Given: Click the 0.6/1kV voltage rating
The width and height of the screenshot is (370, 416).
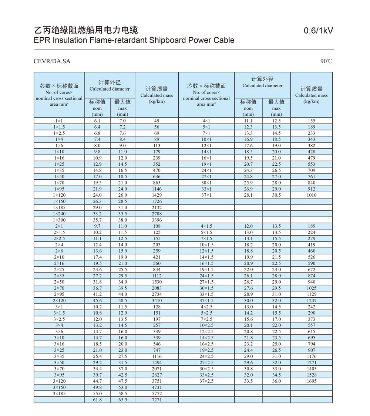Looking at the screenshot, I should click(x=319, y=31).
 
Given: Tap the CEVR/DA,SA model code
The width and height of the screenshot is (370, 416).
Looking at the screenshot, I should click(x=52, y=61).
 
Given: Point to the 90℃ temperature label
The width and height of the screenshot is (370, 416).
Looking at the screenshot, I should click(x=326, y=61).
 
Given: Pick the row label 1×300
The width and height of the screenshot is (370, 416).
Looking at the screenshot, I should click(x=59, y=220).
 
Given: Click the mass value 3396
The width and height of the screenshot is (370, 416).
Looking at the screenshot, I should click(x=157, y=220).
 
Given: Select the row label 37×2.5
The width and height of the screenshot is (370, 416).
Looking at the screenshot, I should click(x=206, y=381).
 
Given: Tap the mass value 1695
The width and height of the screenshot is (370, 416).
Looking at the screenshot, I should click(x=312, y=381).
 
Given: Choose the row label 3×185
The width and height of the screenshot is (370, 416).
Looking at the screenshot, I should click(x=59, y=394).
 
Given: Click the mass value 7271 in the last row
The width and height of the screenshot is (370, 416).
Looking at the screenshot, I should click(x=157, y=400).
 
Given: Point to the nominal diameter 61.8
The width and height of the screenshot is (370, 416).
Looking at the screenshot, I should click(x=97, y=400).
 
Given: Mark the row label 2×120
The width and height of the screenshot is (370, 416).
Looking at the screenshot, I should click(x=59, y=301).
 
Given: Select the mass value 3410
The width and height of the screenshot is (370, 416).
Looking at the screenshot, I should click(x=157, y=301).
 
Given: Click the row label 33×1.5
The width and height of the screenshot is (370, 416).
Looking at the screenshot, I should click(x=206, y=294).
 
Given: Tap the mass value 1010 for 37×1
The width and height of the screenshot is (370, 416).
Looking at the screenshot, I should click(x=312, y=195).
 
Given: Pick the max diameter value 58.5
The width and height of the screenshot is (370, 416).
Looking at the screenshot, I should click(x=122, y=394).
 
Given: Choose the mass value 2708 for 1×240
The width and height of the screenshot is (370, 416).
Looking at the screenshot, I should click(x=157, y=214).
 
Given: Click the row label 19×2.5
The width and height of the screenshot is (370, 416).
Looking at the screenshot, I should click(x=206, y=350).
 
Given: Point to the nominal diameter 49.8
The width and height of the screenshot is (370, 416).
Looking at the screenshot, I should click(x=97, y=388).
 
